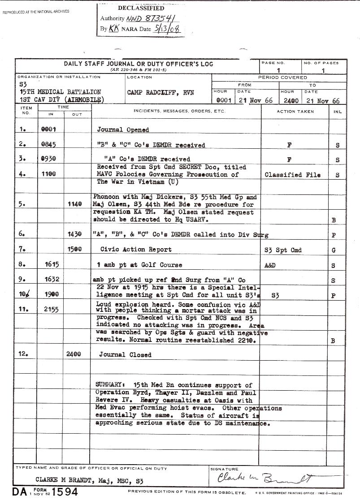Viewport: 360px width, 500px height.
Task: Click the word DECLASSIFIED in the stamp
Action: coord(141,8)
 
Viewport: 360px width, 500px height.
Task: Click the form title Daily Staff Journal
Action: coord(139,64)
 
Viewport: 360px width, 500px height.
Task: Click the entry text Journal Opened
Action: coord(123,130)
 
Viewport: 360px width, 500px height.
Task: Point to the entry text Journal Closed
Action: coord(125,355)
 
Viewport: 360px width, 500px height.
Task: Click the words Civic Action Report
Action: coord(136,250)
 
